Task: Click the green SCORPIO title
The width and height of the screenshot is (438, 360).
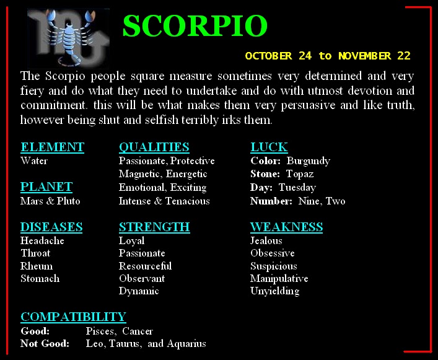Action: [195, 25]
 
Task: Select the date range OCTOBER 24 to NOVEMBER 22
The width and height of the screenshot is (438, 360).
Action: [328, 56]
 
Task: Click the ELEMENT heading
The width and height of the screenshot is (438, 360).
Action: [52, 147]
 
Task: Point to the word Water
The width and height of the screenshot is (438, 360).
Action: [34, 161]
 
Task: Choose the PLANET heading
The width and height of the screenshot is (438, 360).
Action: [46, 187]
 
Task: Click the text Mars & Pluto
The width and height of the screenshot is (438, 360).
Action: [50, 201]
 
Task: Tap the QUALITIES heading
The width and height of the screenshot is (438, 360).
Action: [154, 147]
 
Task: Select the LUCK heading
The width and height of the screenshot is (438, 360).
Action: [269, 147]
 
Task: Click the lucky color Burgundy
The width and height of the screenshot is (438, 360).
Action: [308, 161]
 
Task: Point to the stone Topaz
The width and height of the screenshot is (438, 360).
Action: [300, 174]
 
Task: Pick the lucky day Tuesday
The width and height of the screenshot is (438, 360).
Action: [297, 187]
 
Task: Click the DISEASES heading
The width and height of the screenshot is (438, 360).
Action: [51, 227]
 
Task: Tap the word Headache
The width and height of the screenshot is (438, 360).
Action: [42, 240]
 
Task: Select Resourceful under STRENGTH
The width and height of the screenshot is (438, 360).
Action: [145, 266]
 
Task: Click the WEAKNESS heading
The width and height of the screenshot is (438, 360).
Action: [286, 227]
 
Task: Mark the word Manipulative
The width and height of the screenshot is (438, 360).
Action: [279, 278]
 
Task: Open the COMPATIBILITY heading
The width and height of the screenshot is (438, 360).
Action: [73, 317]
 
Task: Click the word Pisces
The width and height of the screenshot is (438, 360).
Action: [100, 331]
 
